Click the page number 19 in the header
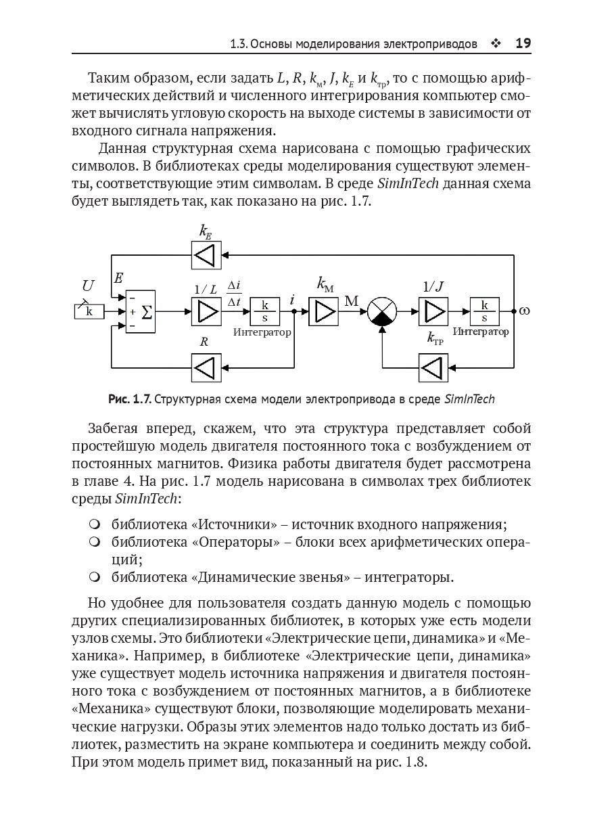(523, 44)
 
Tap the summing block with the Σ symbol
(140, 313)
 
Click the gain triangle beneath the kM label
(324, 312)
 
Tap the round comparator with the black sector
(382, 312)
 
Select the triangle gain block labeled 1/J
(433, 312)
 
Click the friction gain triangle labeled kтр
(433, 368)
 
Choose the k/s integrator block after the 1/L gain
(264, 312)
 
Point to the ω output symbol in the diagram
(524, 311)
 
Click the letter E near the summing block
(118, 278)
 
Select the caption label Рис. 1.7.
(129, 399)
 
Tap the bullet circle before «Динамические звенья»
(95, 577)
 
